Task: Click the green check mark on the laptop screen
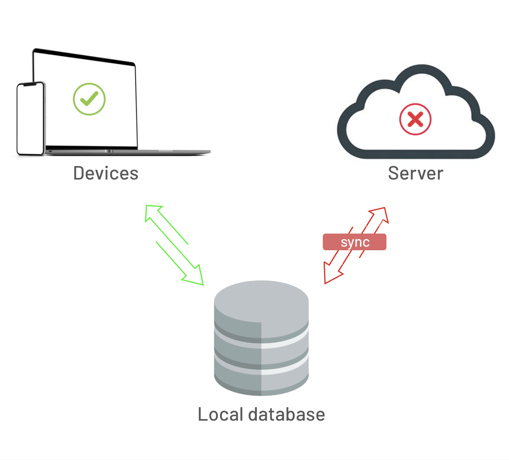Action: (x=89, y=99)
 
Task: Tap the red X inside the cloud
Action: (x=415, y=120)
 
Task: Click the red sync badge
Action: (x=354, y=242)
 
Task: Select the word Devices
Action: (x=106, y=173)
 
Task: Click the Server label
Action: (x=416, y=173)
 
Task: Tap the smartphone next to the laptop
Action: (x=31, y=118)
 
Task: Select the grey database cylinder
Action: (x=261, y=338)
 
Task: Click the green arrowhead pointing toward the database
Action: (x=196, y=278)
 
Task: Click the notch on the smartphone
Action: (x=30, y=85)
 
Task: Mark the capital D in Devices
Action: (x=79, y=173)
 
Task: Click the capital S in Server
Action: (x=394, y=173)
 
